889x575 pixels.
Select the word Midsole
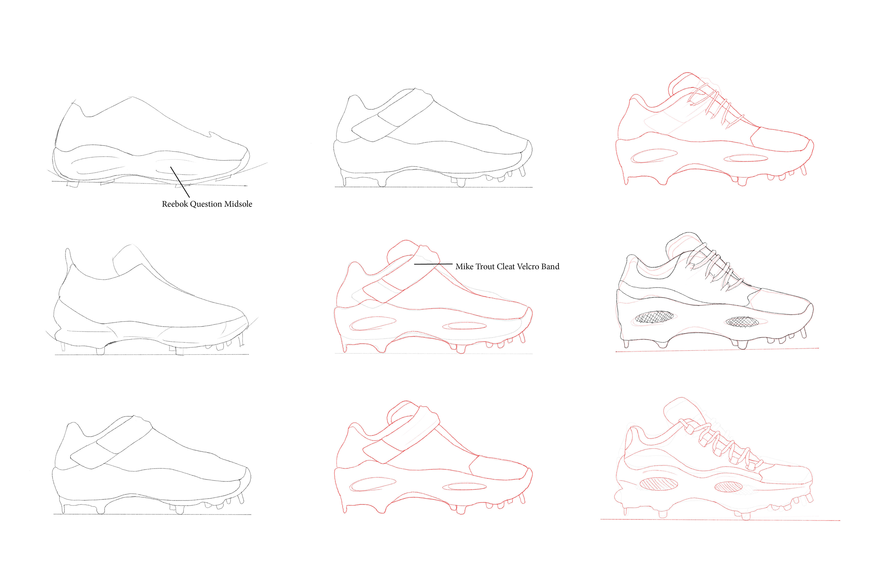238,204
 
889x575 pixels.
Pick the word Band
550,267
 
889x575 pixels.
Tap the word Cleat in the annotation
506,267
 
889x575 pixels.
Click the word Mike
464,267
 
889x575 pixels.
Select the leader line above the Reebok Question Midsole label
180,182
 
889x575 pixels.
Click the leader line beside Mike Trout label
433,264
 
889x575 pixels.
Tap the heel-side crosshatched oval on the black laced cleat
655,317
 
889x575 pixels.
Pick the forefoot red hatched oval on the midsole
728,487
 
